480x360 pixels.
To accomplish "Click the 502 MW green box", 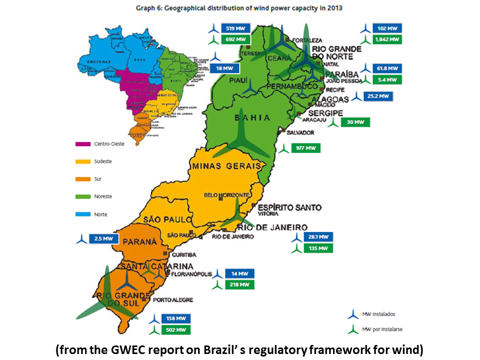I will tap(176, 329).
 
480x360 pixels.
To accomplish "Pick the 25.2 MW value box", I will tap(378, 96).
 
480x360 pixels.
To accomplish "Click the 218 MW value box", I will tap(239, 284).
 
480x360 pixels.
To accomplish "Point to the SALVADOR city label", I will tap(300, 132).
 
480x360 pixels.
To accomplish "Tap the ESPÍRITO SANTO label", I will tap(290, 207).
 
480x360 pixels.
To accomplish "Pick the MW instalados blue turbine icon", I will tap(353, 314).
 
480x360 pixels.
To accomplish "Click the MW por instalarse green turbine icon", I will tap(353, 330).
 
